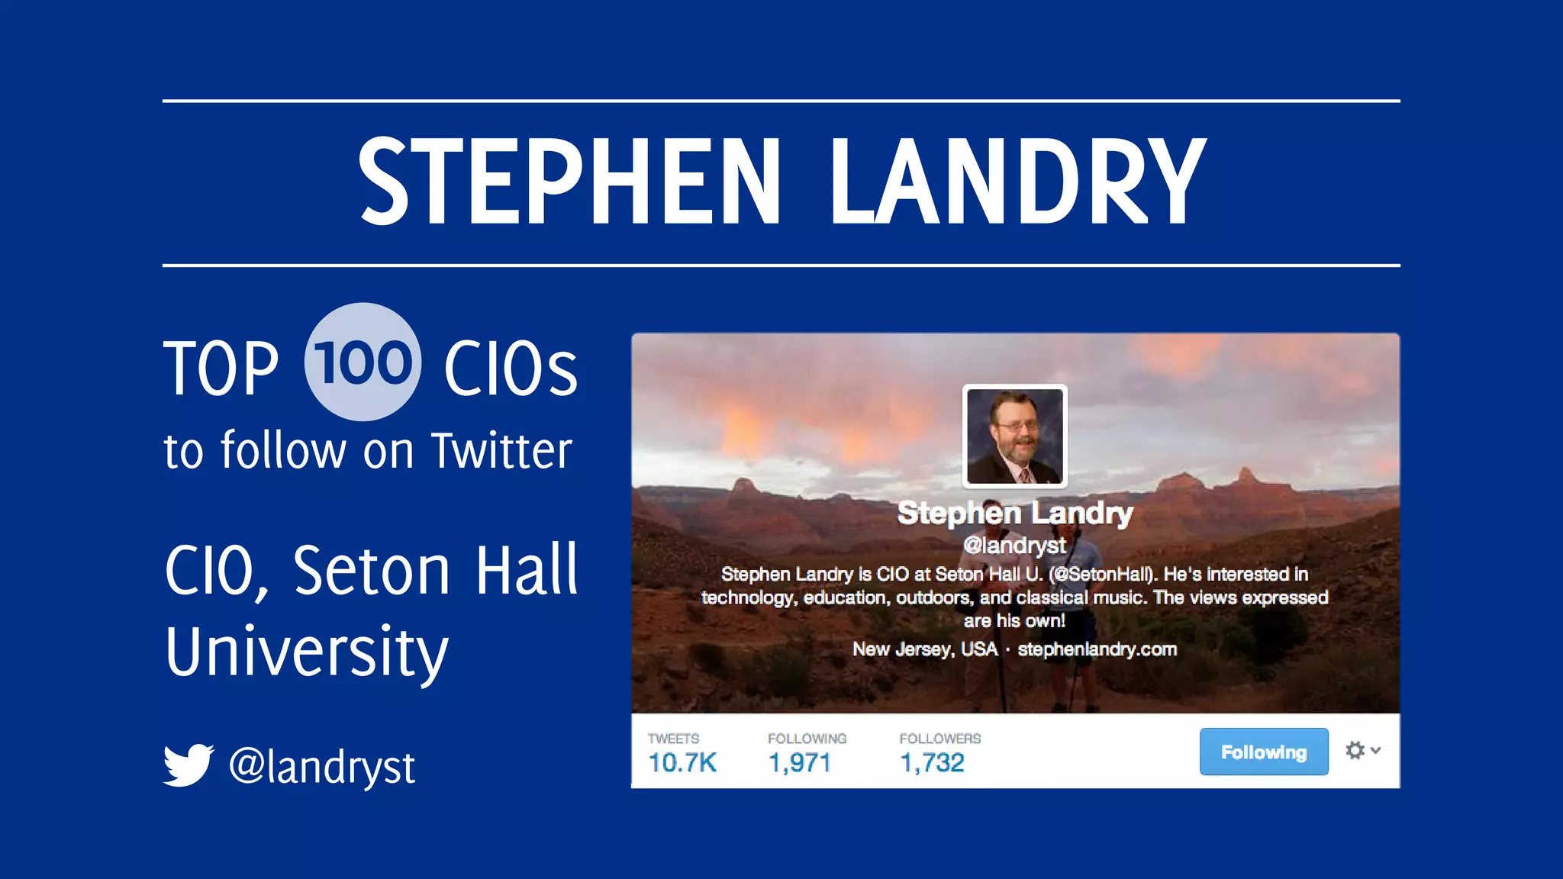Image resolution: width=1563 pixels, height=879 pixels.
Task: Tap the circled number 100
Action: coord(363,362)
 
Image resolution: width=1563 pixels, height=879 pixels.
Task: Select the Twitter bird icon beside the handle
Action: coord(189,765)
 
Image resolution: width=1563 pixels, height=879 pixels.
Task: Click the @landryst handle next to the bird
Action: coord(322,766)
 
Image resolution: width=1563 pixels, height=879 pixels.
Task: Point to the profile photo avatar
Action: coord(1014,436)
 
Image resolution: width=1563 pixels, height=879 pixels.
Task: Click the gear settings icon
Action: coord(1355,751)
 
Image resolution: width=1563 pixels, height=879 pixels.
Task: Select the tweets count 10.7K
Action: coord(682,762)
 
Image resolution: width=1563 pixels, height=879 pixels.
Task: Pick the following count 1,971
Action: coord(799,762)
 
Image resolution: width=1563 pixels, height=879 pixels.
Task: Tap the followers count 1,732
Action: coord(932,762)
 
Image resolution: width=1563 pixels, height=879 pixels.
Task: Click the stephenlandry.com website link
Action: coord(1097,649)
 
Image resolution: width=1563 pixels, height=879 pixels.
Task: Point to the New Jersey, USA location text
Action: coord(925,649)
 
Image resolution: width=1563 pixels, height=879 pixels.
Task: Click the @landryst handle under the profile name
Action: coord(1014,545)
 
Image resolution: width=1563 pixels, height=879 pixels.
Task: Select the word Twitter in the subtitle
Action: coord(501,451)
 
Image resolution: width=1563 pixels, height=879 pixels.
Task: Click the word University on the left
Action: coord(307,652)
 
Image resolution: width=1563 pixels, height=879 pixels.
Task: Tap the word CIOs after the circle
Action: coord(511,369)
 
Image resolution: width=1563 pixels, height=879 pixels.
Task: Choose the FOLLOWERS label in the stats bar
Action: coord(939,739)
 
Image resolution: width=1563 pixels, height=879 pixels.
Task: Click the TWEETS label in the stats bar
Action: coord(673,739)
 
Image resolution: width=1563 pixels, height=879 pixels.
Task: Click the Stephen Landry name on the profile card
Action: coord(1015,513)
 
